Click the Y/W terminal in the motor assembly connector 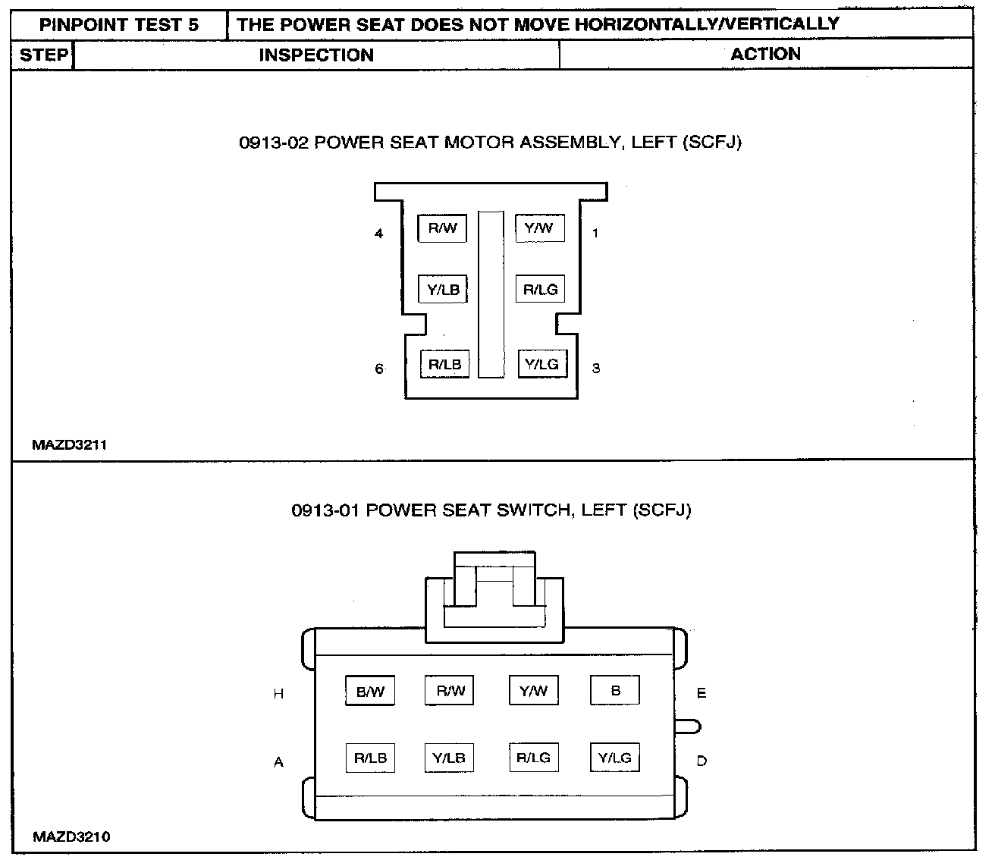click(539, 228)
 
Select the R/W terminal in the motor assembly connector click(442, 228)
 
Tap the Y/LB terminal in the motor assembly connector click(443, 289)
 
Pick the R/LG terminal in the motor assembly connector click(540, 289)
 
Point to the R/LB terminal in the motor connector click(444, 364)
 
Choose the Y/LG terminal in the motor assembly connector click(541, 364)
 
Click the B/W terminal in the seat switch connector click(370, 692)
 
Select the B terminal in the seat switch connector click(615, 690)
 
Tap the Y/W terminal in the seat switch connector click(533, 690)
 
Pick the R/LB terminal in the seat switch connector click(370, 758)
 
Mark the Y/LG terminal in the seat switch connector click(614, 758)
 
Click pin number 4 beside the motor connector click(378, 234)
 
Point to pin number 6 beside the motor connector click(378, 369)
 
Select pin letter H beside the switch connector click(278, 694)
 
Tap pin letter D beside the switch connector click(702, 761)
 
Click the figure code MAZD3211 click(69, 445)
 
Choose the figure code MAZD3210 click(71, 837)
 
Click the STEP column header click(43, 55)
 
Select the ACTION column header click(765, 55)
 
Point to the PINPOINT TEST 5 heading click(119, 24)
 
